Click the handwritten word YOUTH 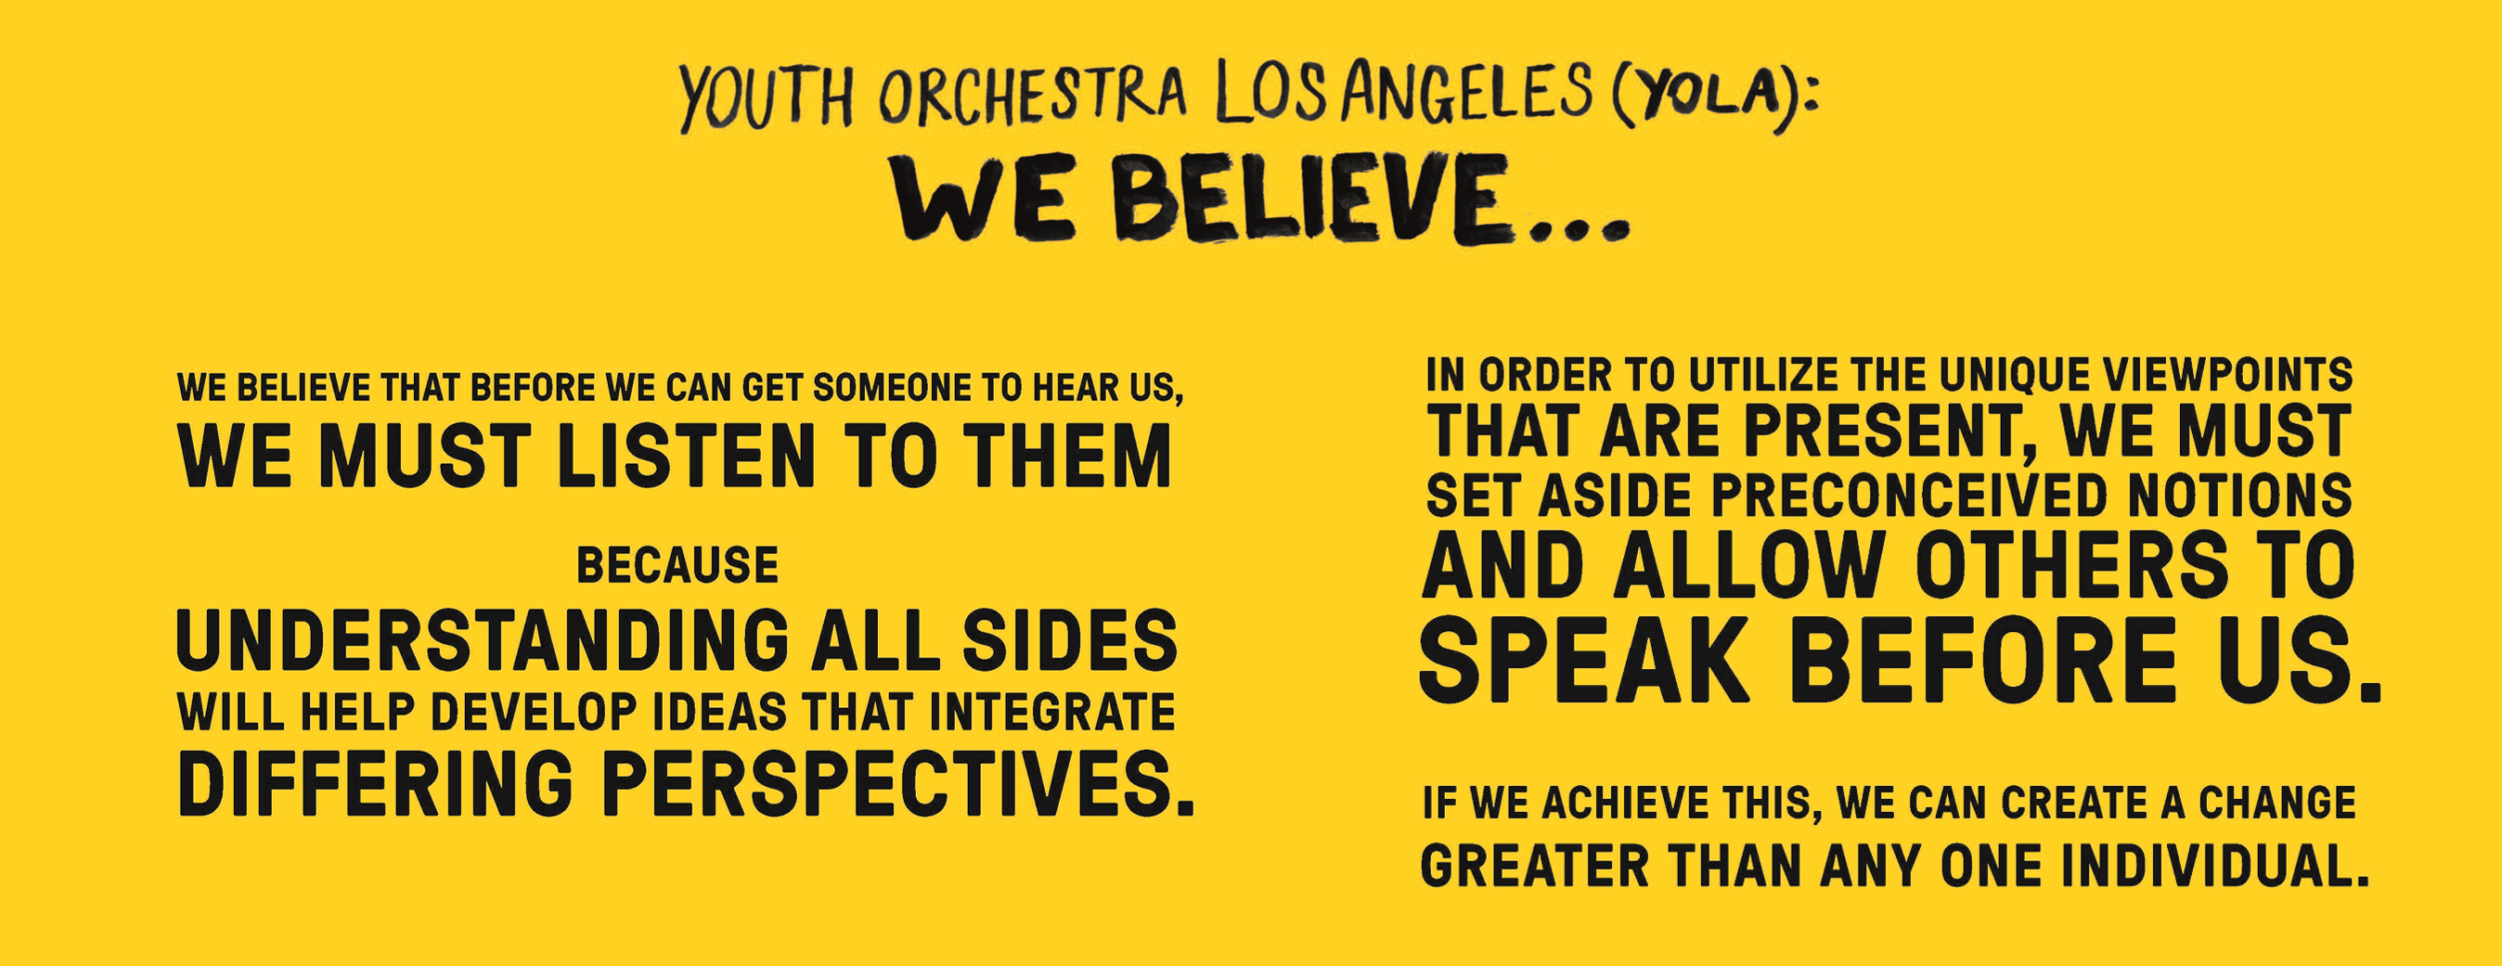(x=766, y=97)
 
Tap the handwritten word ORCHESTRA (x=1033, y=96)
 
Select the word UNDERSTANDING (x=483, y=639)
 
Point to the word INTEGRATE (x=1051, y=713)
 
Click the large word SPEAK (x=1584, y=658)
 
